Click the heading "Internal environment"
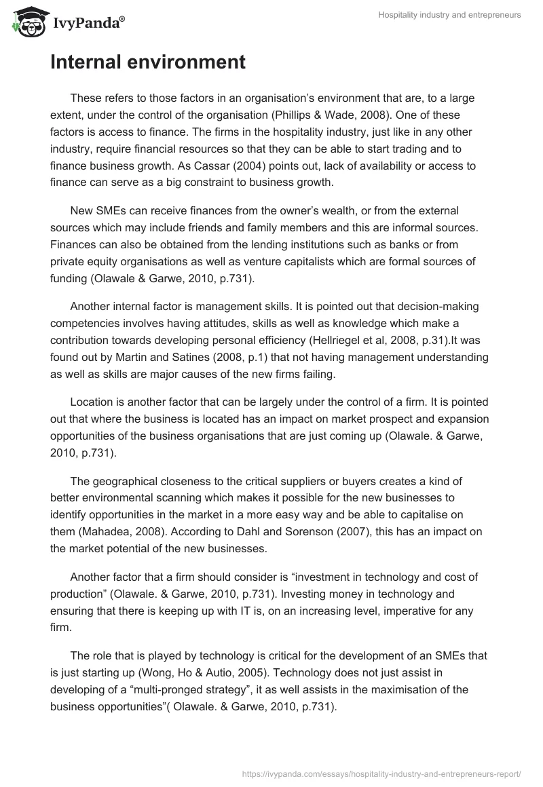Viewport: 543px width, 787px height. [147, 62]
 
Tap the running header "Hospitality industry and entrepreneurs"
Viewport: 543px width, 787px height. [449, 15]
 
